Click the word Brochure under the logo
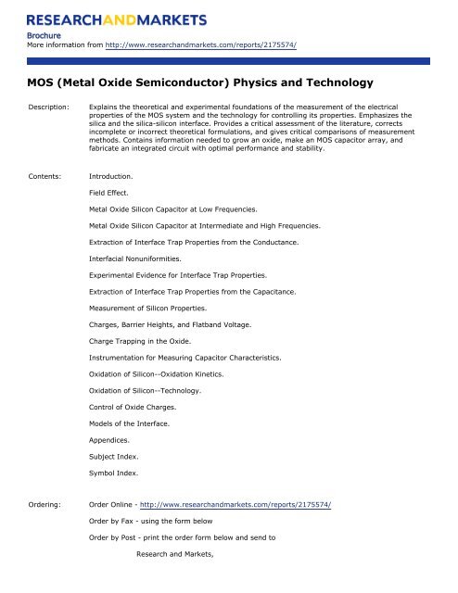click(x=45, y=37)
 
